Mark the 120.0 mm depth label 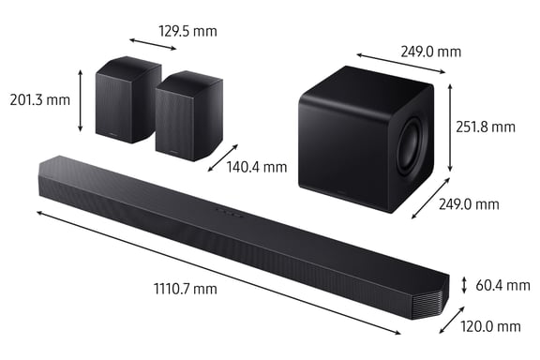[490, 326]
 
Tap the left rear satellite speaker [127, 100]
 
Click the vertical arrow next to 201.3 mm [82, 100]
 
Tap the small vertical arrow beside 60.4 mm [463, 284]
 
